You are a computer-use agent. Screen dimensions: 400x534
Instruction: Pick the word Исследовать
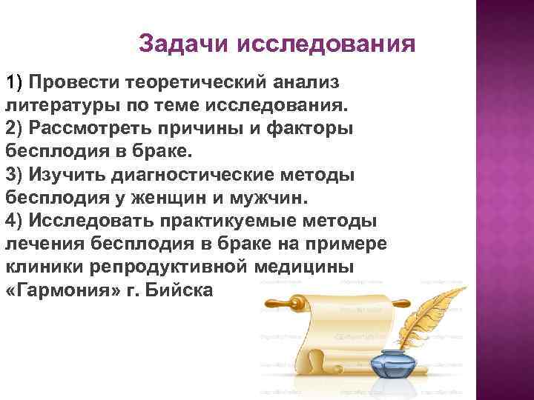point(92,221)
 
